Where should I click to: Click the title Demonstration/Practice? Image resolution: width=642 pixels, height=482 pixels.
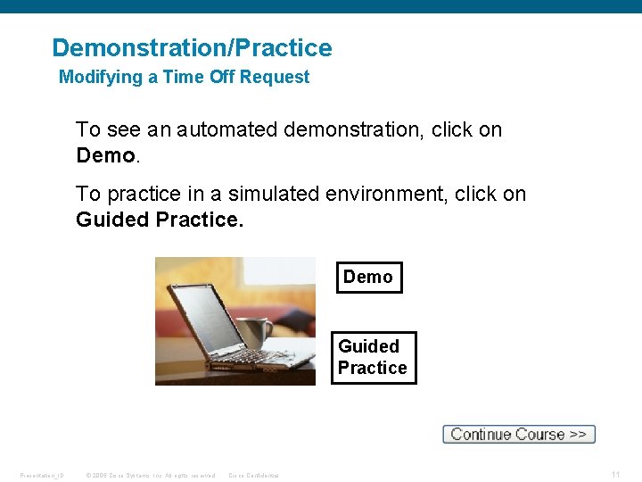coord(192,48)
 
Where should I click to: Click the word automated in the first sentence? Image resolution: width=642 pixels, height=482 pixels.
coord(226,130)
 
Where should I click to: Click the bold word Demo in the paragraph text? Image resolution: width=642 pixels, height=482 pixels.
coord(105,156)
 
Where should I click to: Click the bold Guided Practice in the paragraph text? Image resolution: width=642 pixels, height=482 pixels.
coord(158,220)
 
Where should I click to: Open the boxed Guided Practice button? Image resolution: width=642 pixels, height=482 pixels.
coord(373,358)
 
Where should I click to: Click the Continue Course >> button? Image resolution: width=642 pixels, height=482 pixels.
coord(518,435)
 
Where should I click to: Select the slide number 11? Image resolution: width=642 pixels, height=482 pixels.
coord(616,475)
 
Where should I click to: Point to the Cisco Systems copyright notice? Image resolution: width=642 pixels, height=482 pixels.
coord(151,475)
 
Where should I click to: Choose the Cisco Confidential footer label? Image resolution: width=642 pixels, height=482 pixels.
coord(254,475)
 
